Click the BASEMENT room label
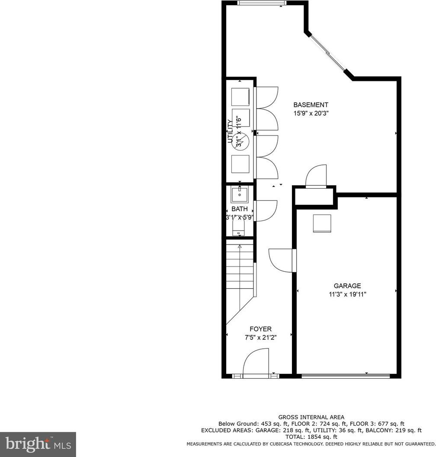point(311,105)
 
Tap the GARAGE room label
point(347,286)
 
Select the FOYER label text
point(260,329)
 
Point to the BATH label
point(239,209)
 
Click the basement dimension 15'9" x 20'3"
point(311,113)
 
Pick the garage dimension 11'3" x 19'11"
point(347,294)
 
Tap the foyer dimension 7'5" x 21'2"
point(260,338)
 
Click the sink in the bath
point(239,195)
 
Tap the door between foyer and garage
point(281,260)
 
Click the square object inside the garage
point(322,223)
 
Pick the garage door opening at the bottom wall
point(346,376)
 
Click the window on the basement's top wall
point(262,3)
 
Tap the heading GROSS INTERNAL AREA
point(311,417)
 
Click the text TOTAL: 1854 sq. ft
point(311,437)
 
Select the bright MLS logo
point(38,444)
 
